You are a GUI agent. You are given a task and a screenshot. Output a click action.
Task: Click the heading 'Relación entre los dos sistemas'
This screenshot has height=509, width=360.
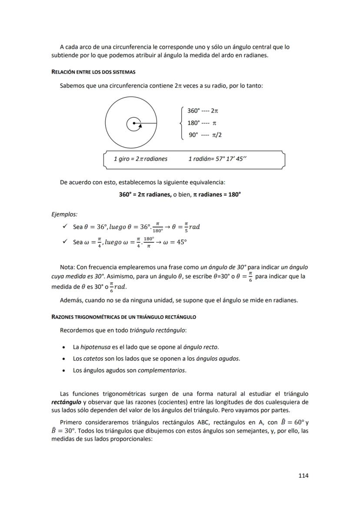point(93,72)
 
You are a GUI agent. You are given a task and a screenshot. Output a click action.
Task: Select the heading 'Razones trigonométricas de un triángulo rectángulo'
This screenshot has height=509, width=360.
point(123,317)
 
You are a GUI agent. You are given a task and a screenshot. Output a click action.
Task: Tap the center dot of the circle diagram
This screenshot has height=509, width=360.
point(134,124)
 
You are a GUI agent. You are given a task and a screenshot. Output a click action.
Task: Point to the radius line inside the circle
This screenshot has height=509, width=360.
point(146,124)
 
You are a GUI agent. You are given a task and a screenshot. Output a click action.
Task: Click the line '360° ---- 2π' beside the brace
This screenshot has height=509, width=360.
point(203,111)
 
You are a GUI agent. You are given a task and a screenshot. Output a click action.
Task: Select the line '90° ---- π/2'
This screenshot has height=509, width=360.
point(205,135)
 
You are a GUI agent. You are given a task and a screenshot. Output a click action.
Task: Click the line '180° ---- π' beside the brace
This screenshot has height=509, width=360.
point(202,123)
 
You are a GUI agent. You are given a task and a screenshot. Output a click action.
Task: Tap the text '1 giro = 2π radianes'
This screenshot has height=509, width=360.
point(140,159)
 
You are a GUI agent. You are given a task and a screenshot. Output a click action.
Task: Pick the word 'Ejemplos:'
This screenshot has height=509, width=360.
point(64,214)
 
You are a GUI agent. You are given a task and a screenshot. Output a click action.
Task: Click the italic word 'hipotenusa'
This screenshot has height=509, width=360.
point(95,347)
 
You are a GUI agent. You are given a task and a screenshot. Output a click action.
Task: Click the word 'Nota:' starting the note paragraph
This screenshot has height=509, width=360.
point(67,267)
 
